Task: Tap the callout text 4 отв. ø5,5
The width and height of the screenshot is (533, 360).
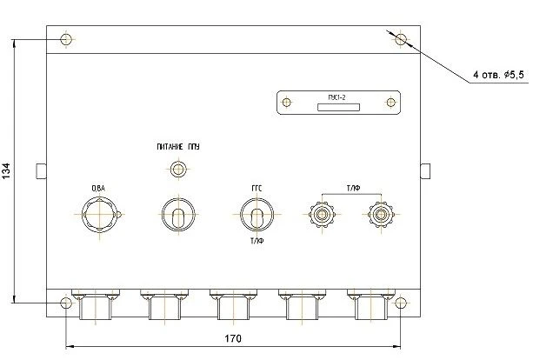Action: pyautogui.click(x=499, y=76)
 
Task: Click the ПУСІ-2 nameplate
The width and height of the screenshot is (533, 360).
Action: pyautogui.click(x=338, y=103)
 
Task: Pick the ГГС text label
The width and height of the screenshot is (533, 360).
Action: pyautogui.click(x=257, y=189)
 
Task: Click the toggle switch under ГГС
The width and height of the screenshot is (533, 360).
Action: pyautogui.click(x=257, y=213)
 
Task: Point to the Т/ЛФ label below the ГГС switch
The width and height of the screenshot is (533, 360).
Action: pyautogui.click(x=257, y=241)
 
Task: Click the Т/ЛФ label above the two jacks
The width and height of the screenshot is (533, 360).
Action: pyautogui.click(x=352, y=189)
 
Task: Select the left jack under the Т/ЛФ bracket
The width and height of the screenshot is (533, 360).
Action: pyautogui.click(x=323, y=213)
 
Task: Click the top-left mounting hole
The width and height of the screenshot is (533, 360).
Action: pyautogui.click(x=67, y=40)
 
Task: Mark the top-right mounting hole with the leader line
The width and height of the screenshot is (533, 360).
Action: pyautogui.click(x=400, y=40)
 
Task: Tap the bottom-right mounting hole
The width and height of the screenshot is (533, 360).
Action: pyautogui.click(x=400, y=303)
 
